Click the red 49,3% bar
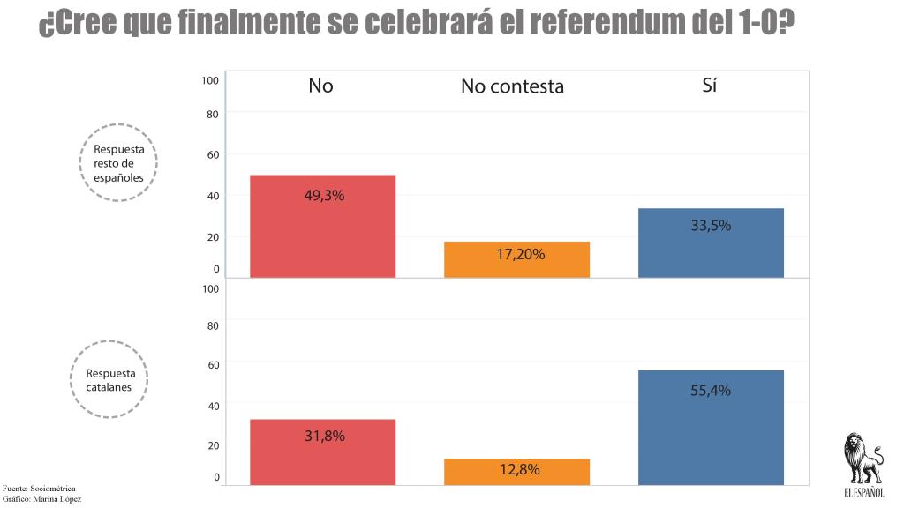[x=322, y=226]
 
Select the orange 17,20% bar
[x=516, y=259]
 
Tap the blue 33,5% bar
[x=711, y=243]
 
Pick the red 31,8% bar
[x=322, y=452]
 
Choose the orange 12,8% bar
[x=516, y=471]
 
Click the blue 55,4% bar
[x=711, y=427]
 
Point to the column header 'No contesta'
[x=512, y=86]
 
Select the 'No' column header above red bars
[x=320, y=86]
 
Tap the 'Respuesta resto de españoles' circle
[x=118, y=163]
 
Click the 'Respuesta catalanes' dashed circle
[x=109, y=380]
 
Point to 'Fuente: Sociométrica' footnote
[x=39, y=489]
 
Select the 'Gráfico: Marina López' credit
[x=41, y=499]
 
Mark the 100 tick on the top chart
[x=210, y=80]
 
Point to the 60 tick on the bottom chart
[x=212, y=363]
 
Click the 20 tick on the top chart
[x=212, y=236]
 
